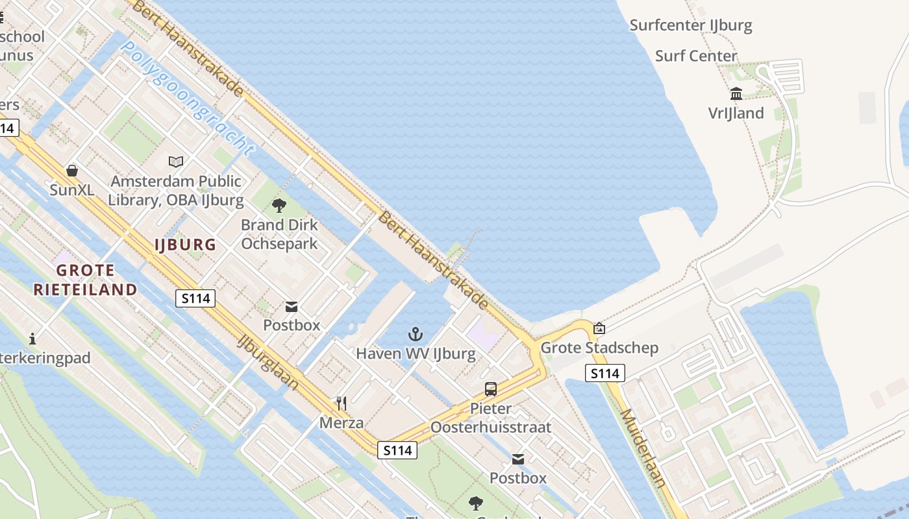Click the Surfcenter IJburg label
[691, 25]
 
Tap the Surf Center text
[696, 56]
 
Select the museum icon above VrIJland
[736, 94]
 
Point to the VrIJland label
[736, 113]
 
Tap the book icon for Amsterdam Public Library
[176, 162]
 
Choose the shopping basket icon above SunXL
[72, 171]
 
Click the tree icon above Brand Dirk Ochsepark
[279, 206]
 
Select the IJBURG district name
[185, 245]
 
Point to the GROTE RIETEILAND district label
[86, 280]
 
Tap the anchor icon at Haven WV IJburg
[416, 334]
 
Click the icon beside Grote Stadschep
[599, 328]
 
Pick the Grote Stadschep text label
[599, 348]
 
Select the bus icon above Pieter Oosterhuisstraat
[491, 389]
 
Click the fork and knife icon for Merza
[342, 404]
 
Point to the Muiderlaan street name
[643, 448]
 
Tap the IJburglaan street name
[268, 362]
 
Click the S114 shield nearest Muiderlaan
[604, 373]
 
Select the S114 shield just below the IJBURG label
[195, 298]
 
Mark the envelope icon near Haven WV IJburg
[292, 306]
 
